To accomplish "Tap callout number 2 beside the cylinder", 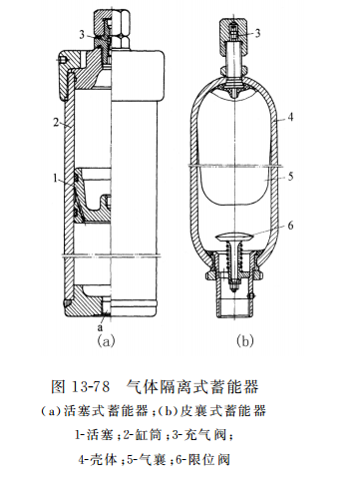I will point(48,124).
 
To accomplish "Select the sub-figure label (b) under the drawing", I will point(245,340).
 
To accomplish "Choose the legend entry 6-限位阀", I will point(214,460).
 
